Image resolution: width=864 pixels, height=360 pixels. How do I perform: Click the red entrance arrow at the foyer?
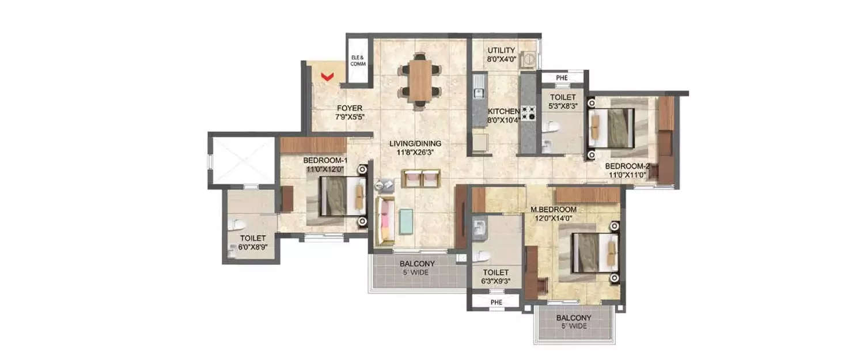pyautogui.click(x=328, y=75)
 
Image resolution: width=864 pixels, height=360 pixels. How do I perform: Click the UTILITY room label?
pyautogui.click(x=501, y=51)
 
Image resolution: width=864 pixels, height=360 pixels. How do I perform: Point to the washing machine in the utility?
pyautogui.click(x=528, y=59)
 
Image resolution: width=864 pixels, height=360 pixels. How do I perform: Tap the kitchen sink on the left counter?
pyautogui.click(x=478, y=90)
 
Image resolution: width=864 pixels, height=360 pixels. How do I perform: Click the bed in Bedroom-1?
pyautogui.click(x=340, y=196)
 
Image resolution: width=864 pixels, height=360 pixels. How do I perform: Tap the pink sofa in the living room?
pyautogui.click(x=384, y=222)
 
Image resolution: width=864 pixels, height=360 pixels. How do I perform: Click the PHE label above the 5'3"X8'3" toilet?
pyautogui.click(x=562, y=78)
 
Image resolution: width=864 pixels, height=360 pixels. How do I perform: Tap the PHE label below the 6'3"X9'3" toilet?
pyautogui.click(x=496, y=301)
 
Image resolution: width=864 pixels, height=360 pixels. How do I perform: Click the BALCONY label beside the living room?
pyautogui.click(x=417, y=264)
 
